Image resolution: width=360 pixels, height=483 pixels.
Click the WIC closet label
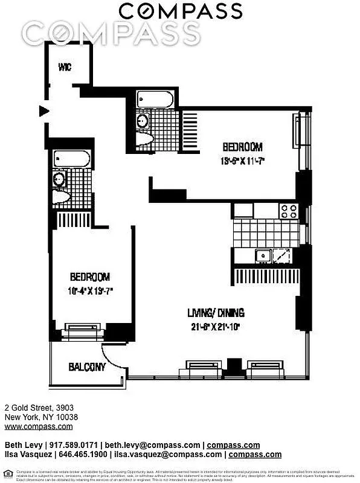[x=65, y=67]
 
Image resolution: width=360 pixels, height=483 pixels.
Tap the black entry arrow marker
[x=43, y=110]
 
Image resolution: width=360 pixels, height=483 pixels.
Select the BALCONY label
[x=87, y=366]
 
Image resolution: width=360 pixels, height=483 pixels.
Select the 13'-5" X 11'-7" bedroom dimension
[x=242, y=161]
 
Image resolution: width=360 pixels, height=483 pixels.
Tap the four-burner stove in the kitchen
[x=289, y=211]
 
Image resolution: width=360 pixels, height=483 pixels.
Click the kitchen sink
[x=263, y=255]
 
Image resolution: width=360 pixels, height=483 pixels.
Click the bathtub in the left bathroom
[x=72, y=159]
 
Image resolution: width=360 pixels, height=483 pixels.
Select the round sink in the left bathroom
[x=59, y=179]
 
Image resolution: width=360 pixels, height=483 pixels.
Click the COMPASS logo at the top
[x=179, y=11]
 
